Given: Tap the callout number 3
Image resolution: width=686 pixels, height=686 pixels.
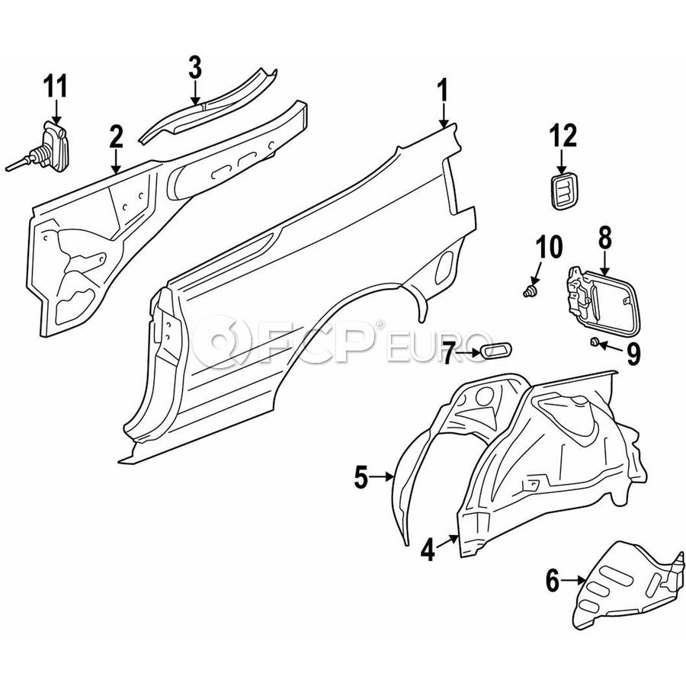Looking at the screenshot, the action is click(x=195, y=67).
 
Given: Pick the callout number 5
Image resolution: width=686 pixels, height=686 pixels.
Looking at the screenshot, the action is click(x=361, y=477).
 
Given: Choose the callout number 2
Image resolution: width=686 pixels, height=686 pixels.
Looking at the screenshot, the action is click(x=116, y=136).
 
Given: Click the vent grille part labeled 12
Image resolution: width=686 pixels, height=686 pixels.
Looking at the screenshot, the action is click(x=563, y=191).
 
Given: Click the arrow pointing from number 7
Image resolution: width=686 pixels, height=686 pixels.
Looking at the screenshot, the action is click(x=469, y=353).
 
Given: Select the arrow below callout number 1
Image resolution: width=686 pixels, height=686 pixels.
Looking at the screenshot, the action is click(x=444, y=114).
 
